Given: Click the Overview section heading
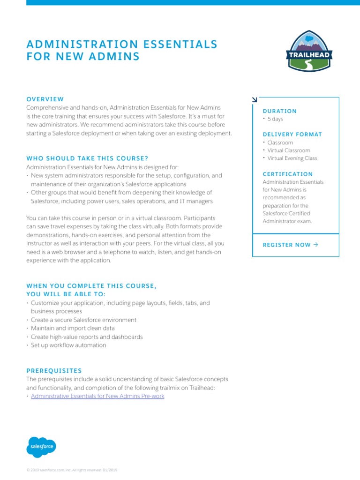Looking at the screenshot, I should pos(45,99).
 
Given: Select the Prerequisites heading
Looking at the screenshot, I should pos(54,370).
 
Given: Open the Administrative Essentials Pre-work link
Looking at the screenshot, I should pos(97,396).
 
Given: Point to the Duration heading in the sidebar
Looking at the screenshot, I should pos(279,111).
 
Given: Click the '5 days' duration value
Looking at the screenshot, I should pos(275,119).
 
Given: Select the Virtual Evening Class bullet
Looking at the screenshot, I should pos(292,158).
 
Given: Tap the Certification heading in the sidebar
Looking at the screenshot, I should pos(287,174).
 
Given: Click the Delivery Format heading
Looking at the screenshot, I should pos(292,135).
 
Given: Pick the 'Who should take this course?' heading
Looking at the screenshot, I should pos(87,158).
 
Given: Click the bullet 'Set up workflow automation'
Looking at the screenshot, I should pos(68,345).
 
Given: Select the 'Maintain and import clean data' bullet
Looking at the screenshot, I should pos(73,329).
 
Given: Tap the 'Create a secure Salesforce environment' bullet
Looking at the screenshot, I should pos(83,320).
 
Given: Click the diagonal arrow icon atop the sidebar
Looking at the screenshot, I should pos(255,99).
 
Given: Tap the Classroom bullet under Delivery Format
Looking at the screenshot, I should pos(280,142).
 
